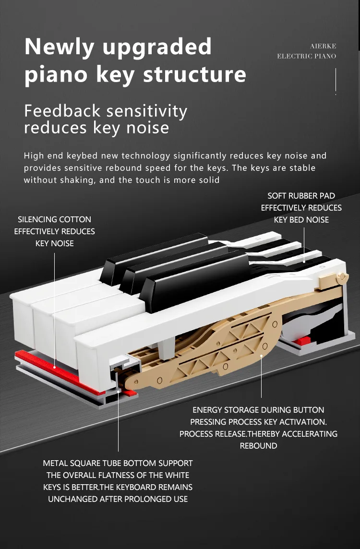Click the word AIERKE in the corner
tap(323, 46)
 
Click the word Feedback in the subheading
tap(62, 111)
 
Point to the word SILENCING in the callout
tap(37, 219)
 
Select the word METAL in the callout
tap(55, 463)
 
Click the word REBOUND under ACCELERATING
tap(258, 446)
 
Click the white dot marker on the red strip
tap(54, 368)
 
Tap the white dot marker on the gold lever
tap(261, 356)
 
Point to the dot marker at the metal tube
tap(119, 391)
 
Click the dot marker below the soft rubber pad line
tap(304, 262)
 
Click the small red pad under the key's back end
tap(302, 341)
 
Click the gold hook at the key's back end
tap(342, 277)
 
